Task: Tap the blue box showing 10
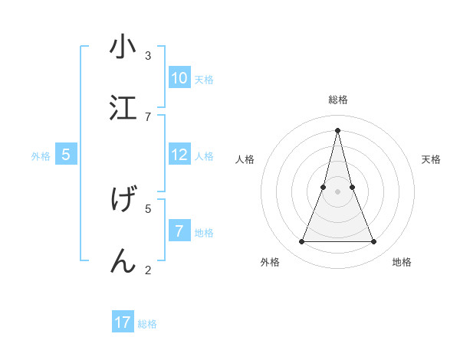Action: tap(179, 78)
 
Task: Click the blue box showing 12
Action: tap(179, 155)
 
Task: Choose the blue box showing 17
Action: tap(123, 322)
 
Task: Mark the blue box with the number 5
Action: tap(66, 155)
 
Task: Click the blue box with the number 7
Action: tap(179, 231)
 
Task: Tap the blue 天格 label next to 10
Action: tap(204, 80)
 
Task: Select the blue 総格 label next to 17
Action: tap(147, 324)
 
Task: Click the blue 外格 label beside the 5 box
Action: tap(41, 156)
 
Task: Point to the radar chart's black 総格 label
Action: tap(338, 100)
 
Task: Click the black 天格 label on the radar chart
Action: tap(431, 159)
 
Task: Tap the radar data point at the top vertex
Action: tap(337, 129)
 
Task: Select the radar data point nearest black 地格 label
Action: tap(374, 242)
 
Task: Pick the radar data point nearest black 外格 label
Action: tap(301, 242)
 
